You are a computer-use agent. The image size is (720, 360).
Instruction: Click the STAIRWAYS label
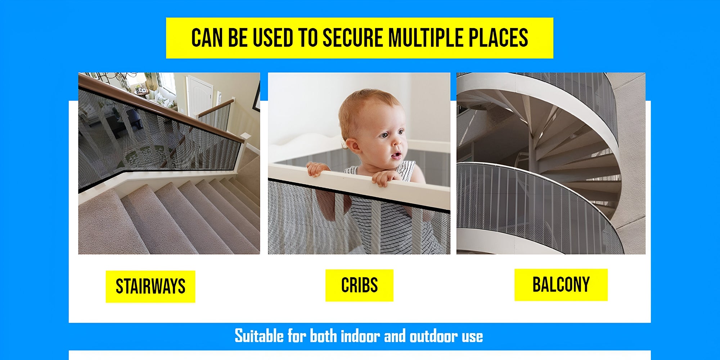point(150,287)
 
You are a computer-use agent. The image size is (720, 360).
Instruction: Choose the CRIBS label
point(359,285)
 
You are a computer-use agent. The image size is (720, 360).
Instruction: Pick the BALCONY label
point(561,285)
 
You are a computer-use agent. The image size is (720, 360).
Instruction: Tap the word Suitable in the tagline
point(259,336)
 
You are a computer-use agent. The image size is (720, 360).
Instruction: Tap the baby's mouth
point(396,155)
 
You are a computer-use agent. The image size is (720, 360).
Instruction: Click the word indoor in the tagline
point(360,336)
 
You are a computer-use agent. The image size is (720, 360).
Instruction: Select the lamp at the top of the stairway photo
point(141,81)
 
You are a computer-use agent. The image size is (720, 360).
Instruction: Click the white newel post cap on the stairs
point(246,136)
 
